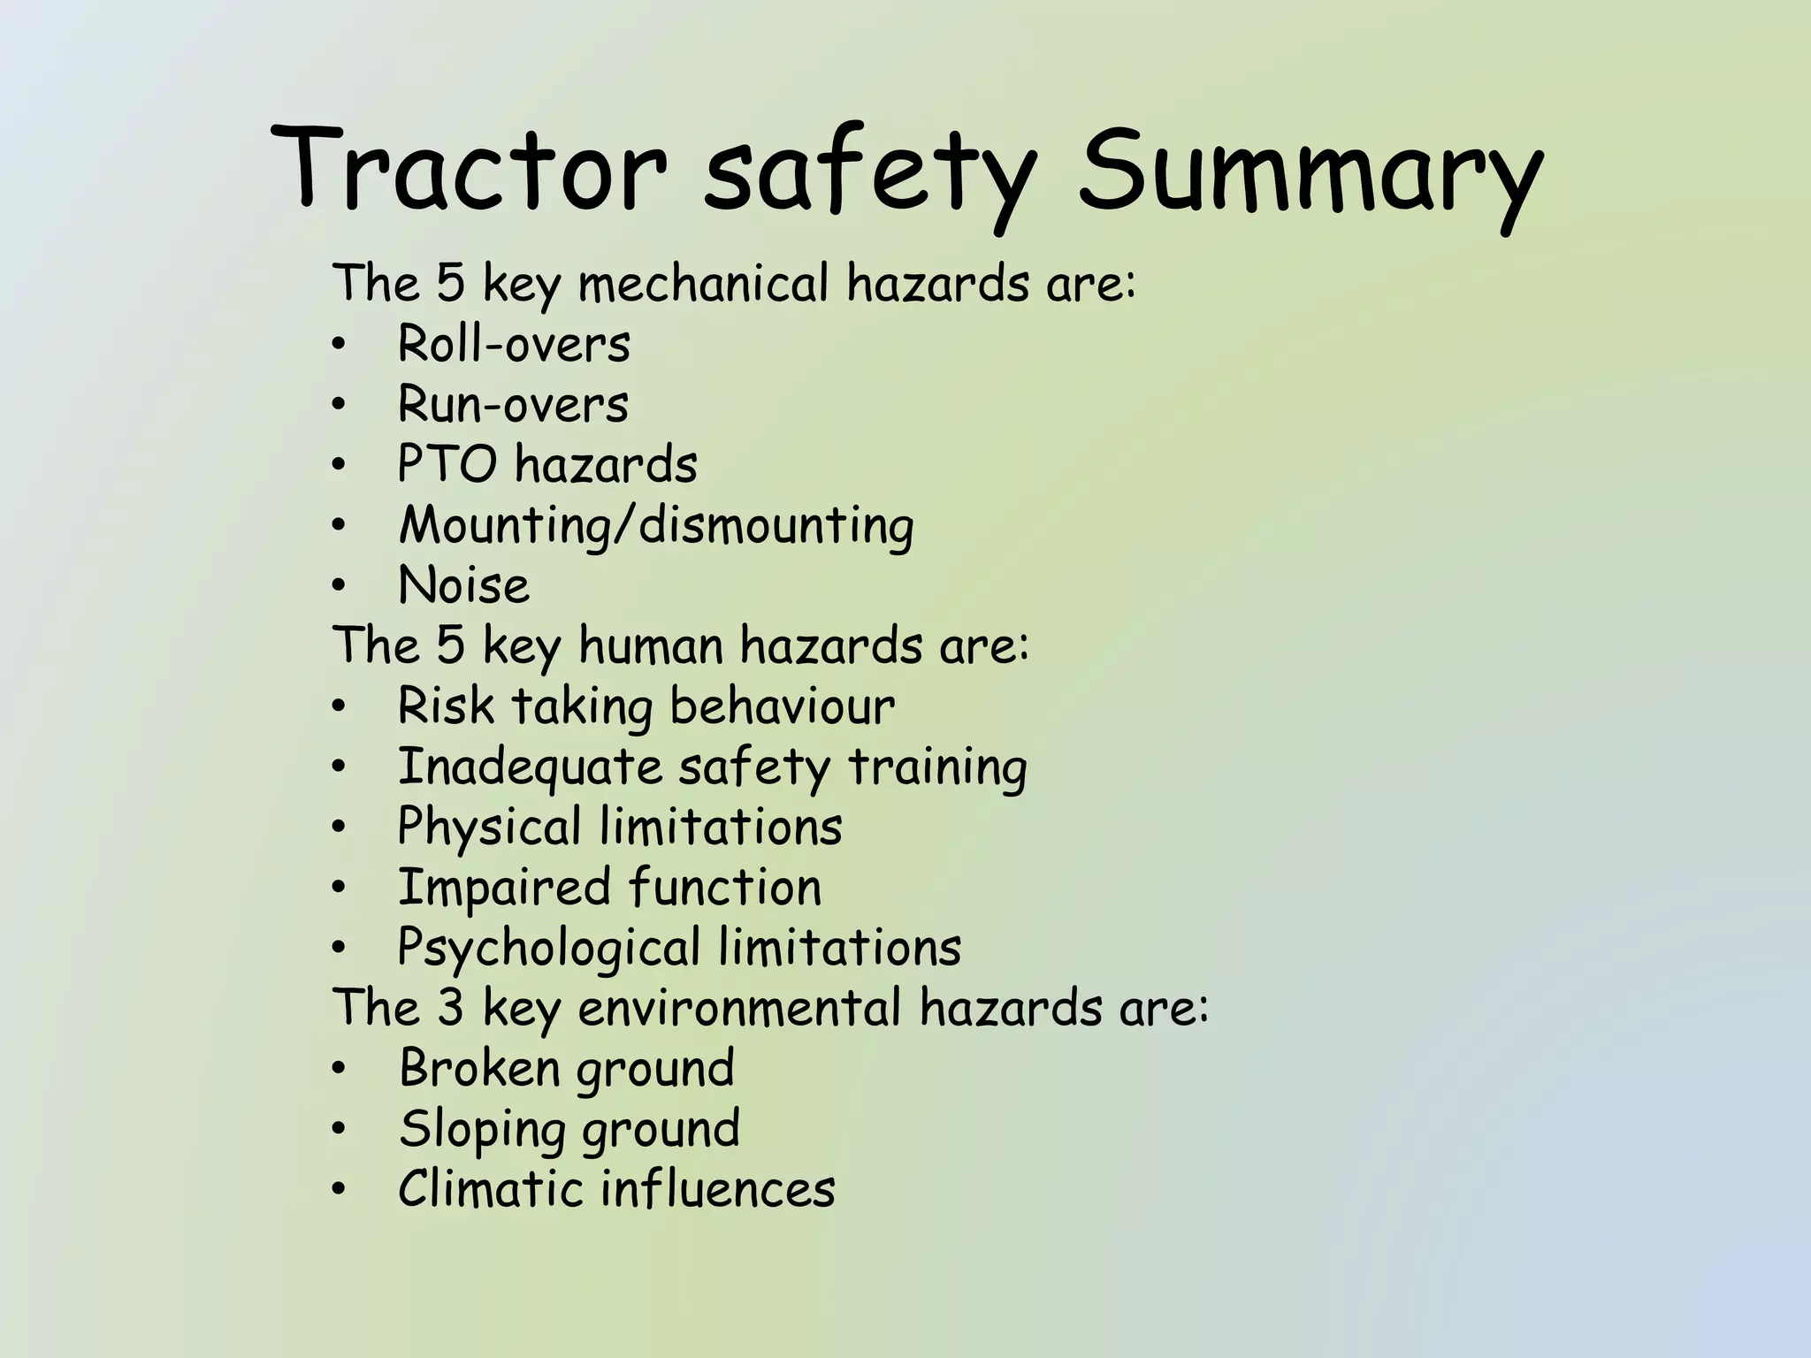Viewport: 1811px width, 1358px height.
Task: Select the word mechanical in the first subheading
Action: pos(704,284)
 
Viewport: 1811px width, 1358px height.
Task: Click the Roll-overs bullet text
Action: pos(514,344)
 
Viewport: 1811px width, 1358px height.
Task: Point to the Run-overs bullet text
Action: pos(513,405)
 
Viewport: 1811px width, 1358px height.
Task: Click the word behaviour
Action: pos(782,706)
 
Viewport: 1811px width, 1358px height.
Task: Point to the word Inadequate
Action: pos(530,767)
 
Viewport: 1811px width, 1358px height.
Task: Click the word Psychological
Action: pos(549,949)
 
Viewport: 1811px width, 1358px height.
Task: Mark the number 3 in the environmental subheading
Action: pos(450,1008)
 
